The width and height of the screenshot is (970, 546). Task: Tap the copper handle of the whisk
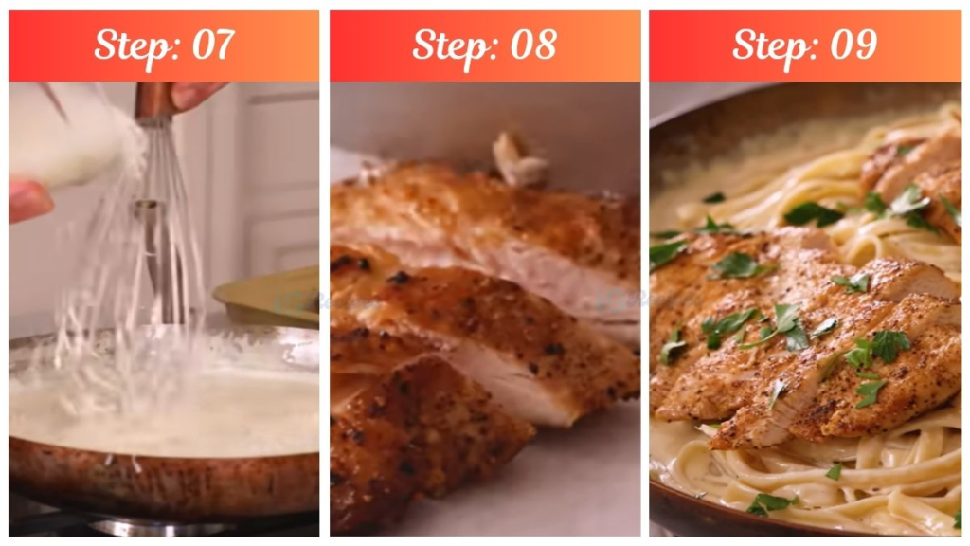click(x=153, y=100)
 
